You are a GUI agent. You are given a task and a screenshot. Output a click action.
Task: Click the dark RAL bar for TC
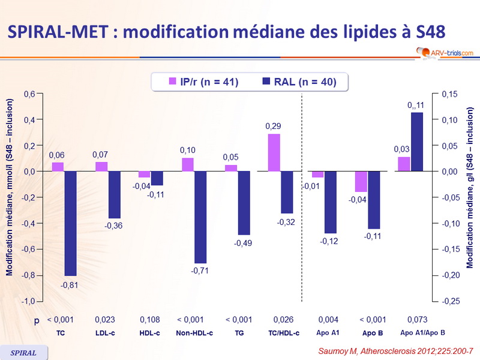click(x=70, y=223)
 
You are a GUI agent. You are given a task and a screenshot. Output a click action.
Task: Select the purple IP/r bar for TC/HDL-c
click(x=274, y=152)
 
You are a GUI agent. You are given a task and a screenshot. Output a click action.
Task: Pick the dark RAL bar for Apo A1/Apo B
click(x=416, y=142)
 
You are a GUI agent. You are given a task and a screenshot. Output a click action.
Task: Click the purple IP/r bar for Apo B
click(x=361, y=181)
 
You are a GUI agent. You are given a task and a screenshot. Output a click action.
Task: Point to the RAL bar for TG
click(x=244, y=203)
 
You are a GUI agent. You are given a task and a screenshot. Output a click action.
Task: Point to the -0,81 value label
click(x=70, y=284)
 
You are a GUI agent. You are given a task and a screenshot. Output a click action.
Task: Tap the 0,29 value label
click(x=274, y=126)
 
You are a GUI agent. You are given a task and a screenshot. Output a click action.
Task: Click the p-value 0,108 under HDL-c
click(x=150, y=320)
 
